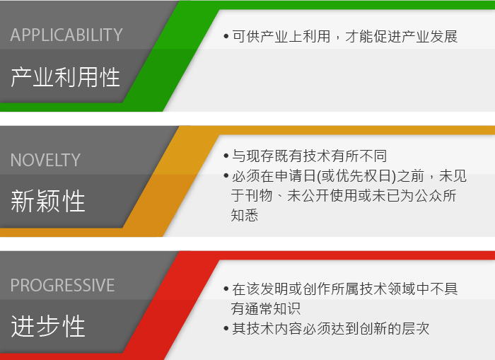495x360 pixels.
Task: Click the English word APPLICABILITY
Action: (66, 35)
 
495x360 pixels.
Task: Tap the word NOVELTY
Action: (45, 160)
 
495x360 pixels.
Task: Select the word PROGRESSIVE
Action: (62, 285)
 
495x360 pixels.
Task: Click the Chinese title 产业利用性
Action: (65, 77)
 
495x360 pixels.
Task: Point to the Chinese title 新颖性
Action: (48, 201)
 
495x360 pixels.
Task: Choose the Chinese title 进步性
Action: (48, 326)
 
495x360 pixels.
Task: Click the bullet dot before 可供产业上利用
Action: (226, 36)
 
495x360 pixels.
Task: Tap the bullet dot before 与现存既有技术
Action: (226, 156)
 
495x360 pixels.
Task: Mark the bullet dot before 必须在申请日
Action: (226, 175)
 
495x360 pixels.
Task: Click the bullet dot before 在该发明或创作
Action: (226, 289)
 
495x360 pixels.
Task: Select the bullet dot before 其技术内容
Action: (226, 328)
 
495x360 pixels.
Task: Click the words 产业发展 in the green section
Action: (430, 36)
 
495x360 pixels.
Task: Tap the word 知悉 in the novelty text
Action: (245, 216)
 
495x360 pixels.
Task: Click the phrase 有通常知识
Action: (265, 308)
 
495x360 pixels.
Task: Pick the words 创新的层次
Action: (395, 328)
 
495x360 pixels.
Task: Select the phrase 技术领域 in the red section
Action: (388, 289)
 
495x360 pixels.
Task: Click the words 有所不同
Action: (359, 156)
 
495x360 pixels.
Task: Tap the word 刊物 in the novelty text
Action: (259, 195)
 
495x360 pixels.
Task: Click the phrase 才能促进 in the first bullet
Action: (373, 36)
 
